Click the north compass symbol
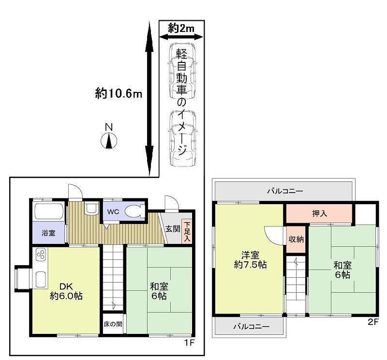point(109,140)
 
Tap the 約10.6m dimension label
point(119,94)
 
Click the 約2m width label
point(181,29)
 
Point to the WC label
point(113,211)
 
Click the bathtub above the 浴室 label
point(49,212)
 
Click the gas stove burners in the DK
point(40,255)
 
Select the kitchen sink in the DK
point(41,279)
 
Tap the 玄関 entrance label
point(172,228)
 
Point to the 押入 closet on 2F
point(318,212)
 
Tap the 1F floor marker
point(190,344)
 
